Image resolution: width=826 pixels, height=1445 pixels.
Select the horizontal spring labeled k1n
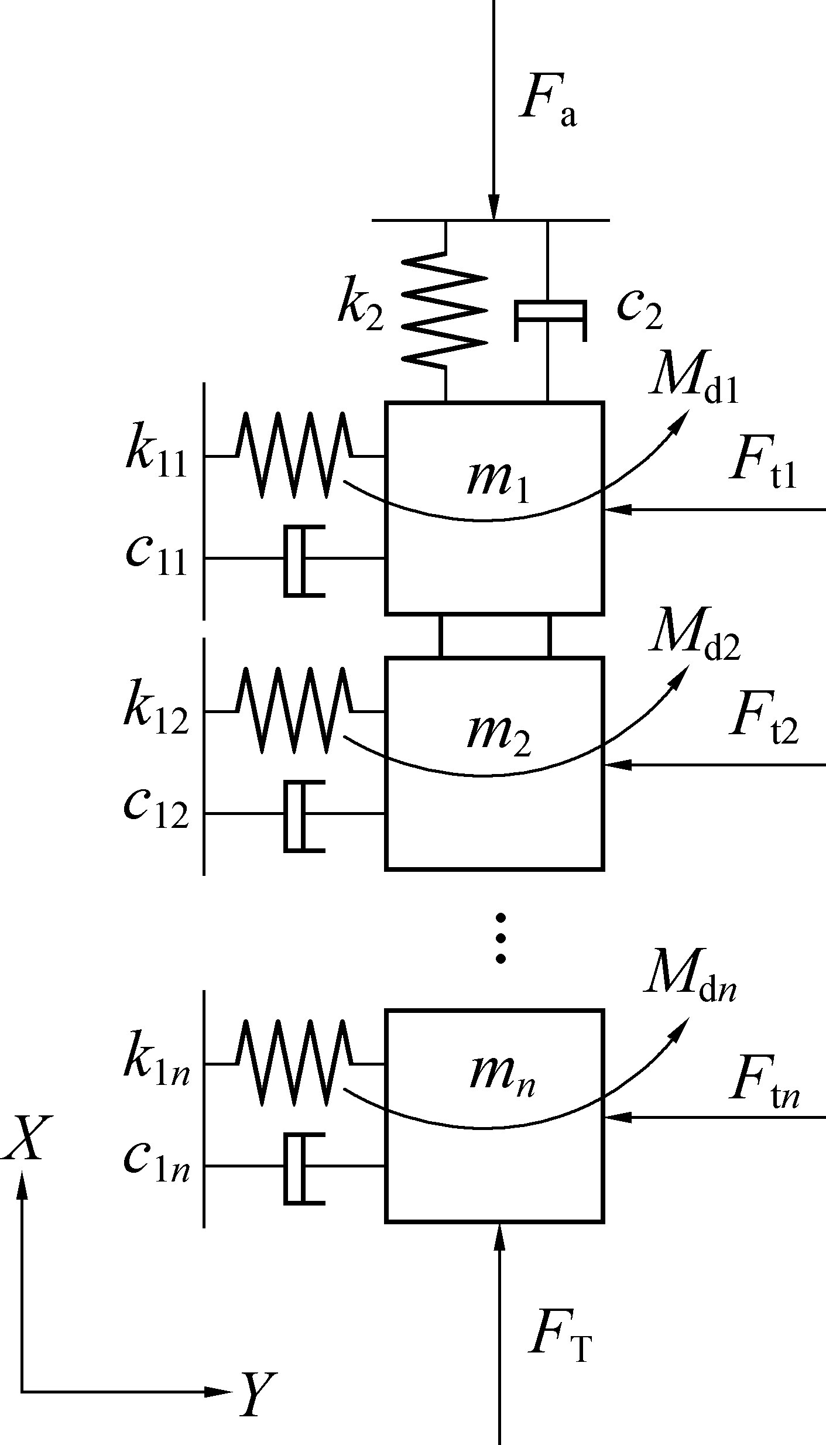point(293,1063)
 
